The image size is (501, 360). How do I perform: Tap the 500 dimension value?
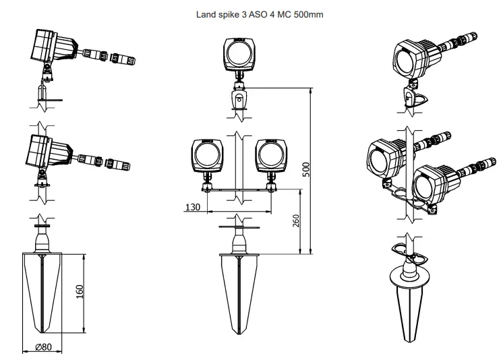click(305, 169)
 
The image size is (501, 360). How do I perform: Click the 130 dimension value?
click(193, 207)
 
